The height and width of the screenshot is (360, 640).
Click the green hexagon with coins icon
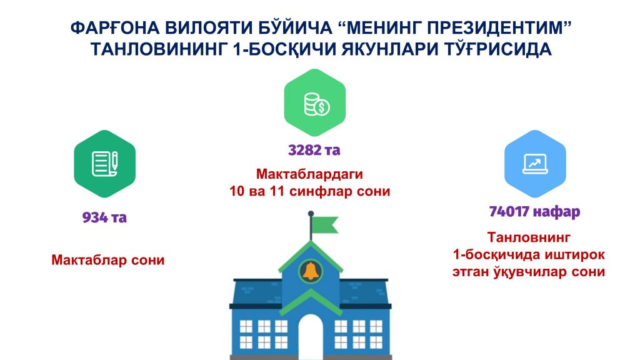click(315, 102)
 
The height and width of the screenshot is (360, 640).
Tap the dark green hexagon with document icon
click(104, 164)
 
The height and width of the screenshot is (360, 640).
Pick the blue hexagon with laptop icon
click(535, 164)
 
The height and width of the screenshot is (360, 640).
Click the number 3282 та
click(314, 150)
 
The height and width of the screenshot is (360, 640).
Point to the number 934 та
click(104, 217)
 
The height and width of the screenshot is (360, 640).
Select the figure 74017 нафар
click(535, 211)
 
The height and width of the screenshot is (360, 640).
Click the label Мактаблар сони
click(107, 260)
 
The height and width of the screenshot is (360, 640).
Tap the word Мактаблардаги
click(309, 174)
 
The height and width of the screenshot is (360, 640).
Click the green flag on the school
click(325, 224)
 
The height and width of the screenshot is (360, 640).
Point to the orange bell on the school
click(311, 271)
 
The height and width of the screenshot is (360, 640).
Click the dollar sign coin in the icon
click(322, 107)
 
